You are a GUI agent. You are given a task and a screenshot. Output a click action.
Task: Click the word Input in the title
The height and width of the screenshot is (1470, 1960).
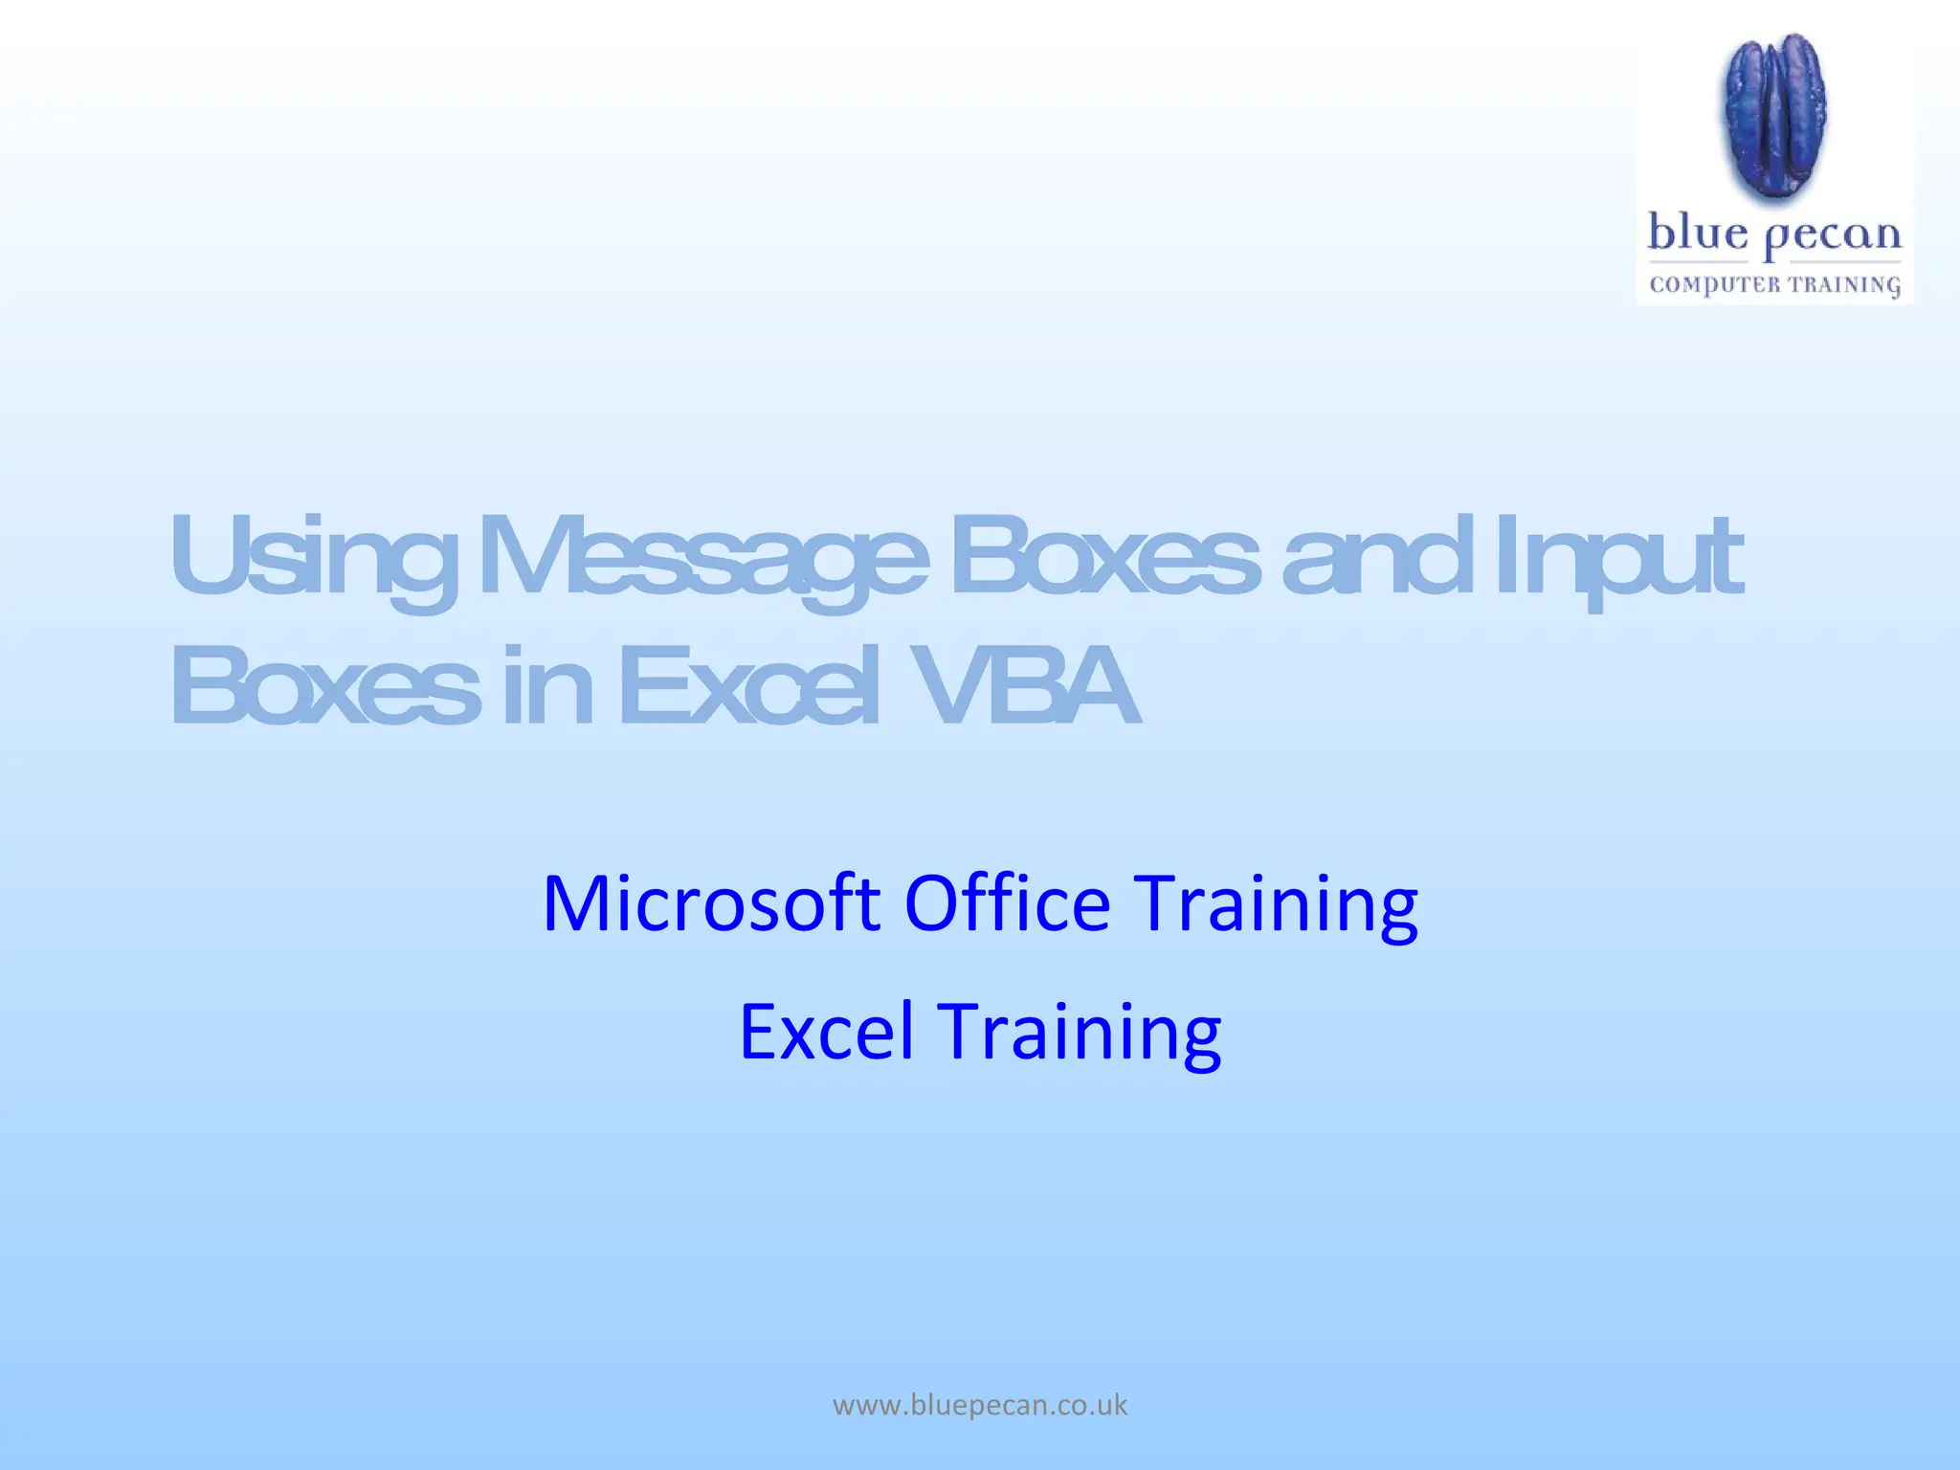click(x=1617, y=560)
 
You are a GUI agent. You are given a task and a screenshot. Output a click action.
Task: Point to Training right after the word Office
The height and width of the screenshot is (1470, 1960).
click(x=1276, y=904)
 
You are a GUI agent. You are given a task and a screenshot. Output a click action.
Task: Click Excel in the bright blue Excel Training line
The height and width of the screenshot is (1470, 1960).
click(x=826, y=1032)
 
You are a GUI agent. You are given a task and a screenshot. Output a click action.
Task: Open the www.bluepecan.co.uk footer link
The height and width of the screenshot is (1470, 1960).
click(x=980, y=1405)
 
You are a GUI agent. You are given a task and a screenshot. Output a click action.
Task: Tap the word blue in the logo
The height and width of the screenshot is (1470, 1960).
click(x=1698, y=234)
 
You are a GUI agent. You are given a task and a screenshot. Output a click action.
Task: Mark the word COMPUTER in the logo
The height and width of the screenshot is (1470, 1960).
click(x=1714, y=284)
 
